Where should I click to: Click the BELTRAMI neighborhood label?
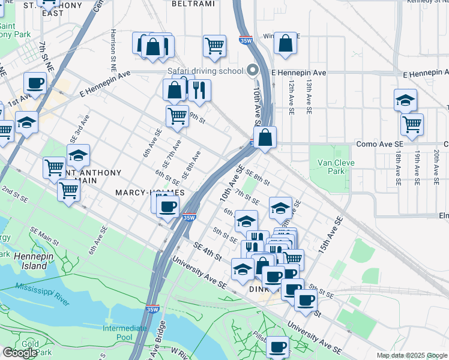[x=193, y=4]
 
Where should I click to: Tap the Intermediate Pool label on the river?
[x=124, y=332]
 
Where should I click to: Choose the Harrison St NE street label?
[x=113, y=47]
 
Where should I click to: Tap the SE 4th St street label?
[x=207, y=251]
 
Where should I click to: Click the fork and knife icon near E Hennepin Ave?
[x=199, y=90]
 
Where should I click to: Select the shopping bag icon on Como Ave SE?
[x=265, y=138]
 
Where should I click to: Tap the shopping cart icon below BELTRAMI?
[x=214, y=46]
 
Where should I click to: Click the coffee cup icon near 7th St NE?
[x=35, y=83]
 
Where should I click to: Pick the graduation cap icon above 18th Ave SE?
[x=406, y=100]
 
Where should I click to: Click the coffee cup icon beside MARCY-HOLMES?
[x=167, y=207]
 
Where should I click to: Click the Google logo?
[x=20, y=353]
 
